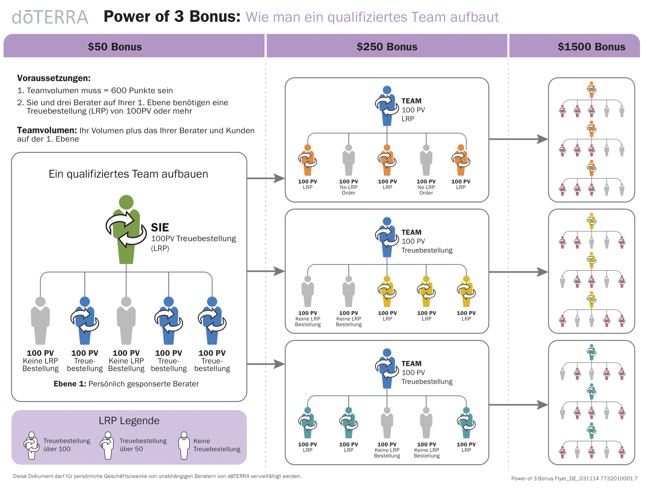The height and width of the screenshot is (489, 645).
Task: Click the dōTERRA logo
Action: tap(50, 17)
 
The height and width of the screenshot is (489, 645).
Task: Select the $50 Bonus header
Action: tap(115, 47)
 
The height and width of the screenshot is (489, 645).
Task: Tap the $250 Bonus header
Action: tap(387, 47)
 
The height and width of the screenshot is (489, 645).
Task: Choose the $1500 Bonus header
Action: tap(591, 47)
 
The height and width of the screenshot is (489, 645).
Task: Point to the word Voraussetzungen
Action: tap(54, 78)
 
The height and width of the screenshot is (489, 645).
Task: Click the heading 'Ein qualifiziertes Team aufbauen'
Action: tap(128, 174)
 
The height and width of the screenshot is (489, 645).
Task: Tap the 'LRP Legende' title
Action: tap(129, 421)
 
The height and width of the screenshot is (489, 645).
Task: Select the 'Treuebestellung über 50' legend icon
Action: tap(107, 445)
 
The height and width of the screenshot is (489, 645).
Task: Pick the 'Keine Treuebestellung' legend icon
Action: tap(184, 445)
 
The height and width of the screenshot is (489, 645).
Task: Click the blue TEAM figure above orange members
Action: tap(387, 106)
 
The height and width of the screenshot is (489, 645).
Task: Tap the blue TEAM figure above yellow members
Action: tap(387, 237)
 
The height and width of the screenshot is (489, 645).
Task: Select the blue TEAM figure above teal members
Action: tap(387, 369)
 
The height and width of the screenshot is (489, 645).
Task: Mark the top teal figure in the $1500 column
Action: tap(592, 352)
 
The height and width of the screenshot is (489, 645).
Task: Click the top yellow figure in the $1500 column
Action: tap(592, 221)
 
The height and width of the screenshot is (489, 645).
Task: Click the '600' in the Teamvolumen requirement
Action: tap(119, 90)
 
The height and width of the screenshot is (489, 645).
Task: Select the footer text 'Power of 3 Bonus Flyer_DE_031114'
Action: tap(555, 478)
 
